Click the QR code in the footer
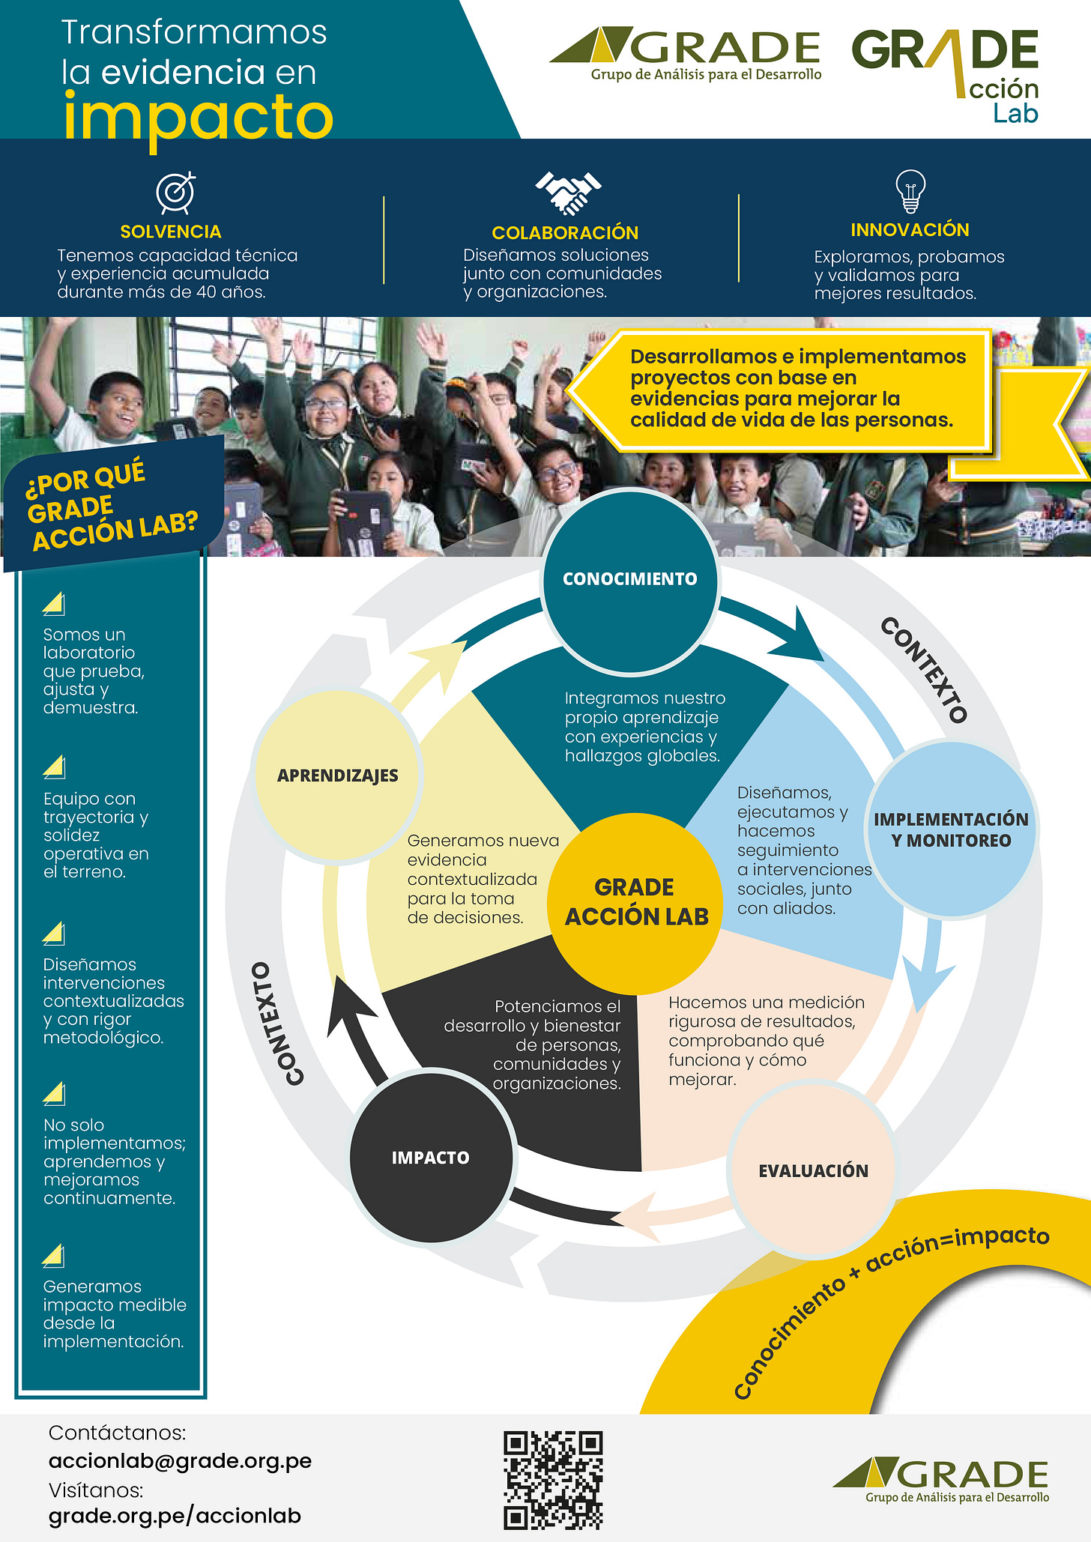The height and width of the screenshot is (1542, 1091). click(x=553, y=1480)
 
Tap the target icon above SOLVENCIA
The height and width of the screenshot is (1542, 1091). click(x=176, y=193)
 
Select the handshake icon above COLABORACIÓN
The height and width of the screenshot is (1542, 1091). click(x=568, y=193)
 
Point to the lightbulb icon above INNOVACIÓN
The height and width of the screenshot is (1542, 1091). click(x=910, y=190)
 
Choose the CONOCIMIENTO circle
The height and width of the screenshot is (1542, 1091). click(x=629, y=579)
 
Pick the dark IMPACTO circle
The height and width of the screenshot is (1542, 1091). click(x=431, y=1158)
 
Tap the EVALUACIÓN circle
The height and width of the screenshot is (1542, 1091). click(x=813, y=1171)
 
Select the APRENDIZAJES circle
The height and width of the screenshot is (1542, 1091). click(x=337, y=775)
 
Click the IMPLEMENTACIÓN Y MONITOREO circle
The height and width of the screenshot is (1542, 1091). click(x=952, y=829)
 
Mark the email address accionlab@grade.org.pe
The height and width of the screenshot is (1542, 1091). click(x=180, y=1460)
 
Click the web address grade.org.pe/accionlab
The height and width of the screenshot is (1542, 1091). click(x=175, y=1516)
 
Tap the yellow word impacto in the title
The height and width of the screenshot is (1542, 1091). click(x=198, y=116)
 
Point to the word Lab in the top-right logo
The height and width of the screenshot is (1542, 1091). click(x=1015, y=114)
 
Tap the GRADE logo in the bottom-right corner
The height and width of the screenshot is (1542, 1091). click(x=942, y=1481)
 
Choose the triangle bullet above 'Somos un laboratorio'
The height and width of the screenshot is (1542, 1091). click(x=54, y=604)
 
